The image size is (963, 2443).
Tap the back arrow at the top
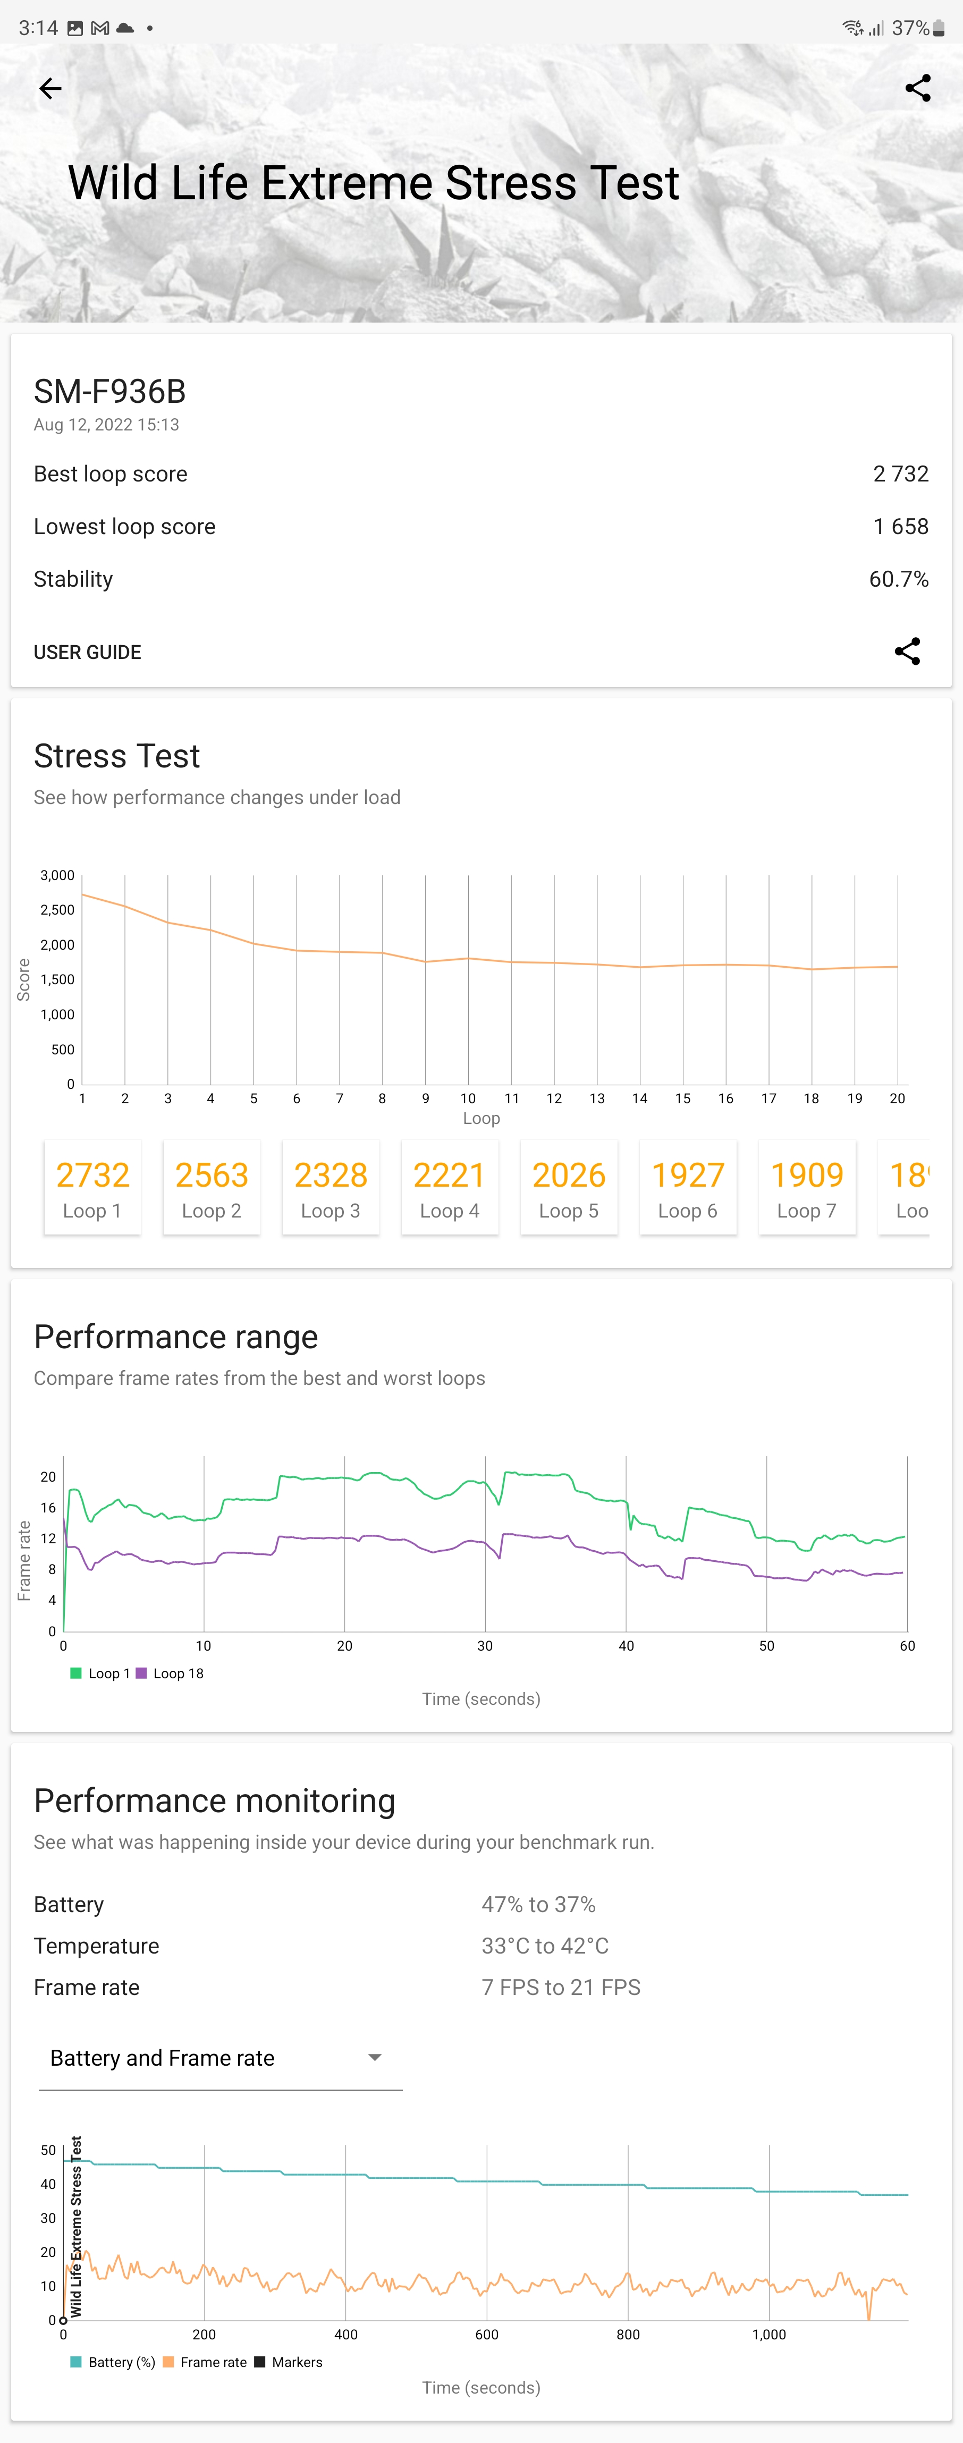[x=50, y=89]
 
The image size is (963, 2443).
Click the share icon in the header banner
[x=917, y=88]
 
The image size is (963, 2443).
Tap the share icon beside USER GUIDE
[x=907, y=652]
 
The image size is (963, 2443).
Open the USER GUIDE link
[x=87, y=653]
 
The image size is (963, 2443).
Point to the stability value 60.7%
[x=898, y=579]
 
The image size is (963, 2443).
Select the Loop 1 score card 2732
[x=93, y=1187]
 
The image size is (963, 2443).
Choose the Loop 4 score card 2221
[x=450, y=1187]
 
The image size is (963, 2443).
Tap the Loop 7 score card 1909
[x=806, y=1187]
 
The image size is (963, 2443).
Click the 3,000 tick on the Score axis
[x=57, y=875]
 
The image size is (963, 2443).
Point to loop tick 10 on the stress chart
[x=468, y=1098]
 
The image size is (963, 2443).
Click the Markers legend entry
[x=289, y=2362]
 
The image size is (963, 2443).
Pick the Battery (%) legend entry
[x=114, y=2362]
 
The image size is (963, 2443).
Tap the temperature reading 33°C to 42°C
[x=545, y=1946]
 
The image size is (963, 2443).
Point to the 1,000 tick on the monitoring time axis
[x=768, y=2335]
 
